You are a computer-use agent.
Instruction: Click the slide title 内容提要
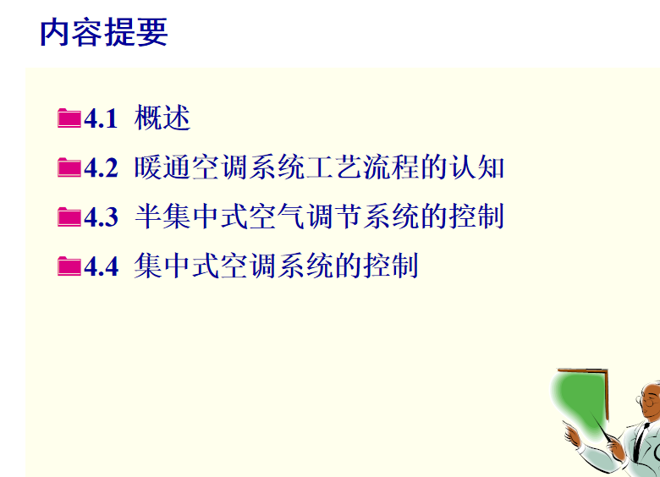[x=104, y=32]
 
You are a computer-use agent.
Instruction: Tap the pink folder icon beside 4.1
[x=69, y=118]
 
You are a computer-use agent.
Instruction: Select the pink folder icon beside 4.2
[x=69, y=167]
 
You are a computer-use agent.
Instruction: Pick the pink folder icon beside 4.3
[x=69, y=217]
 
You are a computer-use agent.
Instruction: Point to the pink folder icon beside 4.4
[x=69, y=266]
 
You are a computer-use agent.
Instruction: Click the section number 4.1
[x=101, y=118]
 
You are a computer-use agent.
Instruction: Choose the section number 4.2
[x=101, y=168]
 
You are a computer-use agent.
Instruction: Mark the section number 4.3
[x=101, y=217]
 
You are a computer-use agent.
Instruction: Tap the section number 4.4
[x=102, y=267]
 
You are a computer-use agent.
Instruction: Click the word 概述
[x=162, y=118]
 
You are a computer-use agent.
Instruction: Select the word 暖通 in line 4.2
[x=162, y=167]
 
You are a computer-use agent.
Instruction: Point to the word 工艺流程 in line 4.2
[x=363, y=167]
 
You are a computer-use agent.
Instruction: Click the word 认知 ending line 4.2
[x=477, y=167]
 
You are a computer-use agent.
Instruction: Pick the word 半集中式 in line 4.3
[x=191, y=217]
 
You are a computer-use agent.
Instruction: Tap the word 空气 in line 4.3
[x=277, y=217]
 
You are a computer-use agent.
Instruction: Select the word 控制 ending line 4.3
[x=477, y=217]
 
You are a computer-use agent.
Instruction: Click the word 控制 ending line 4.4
[x=391, y=266]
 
